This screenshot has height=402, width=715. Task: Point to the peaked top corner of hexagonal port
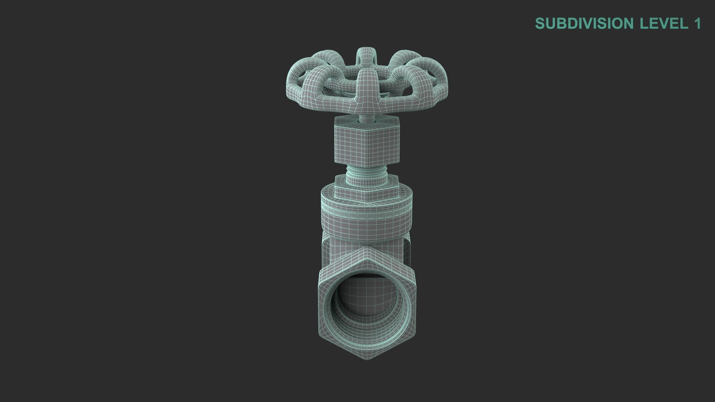(367, 250)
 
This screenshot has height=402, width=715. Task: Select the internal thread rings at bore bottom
(367, 328)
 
